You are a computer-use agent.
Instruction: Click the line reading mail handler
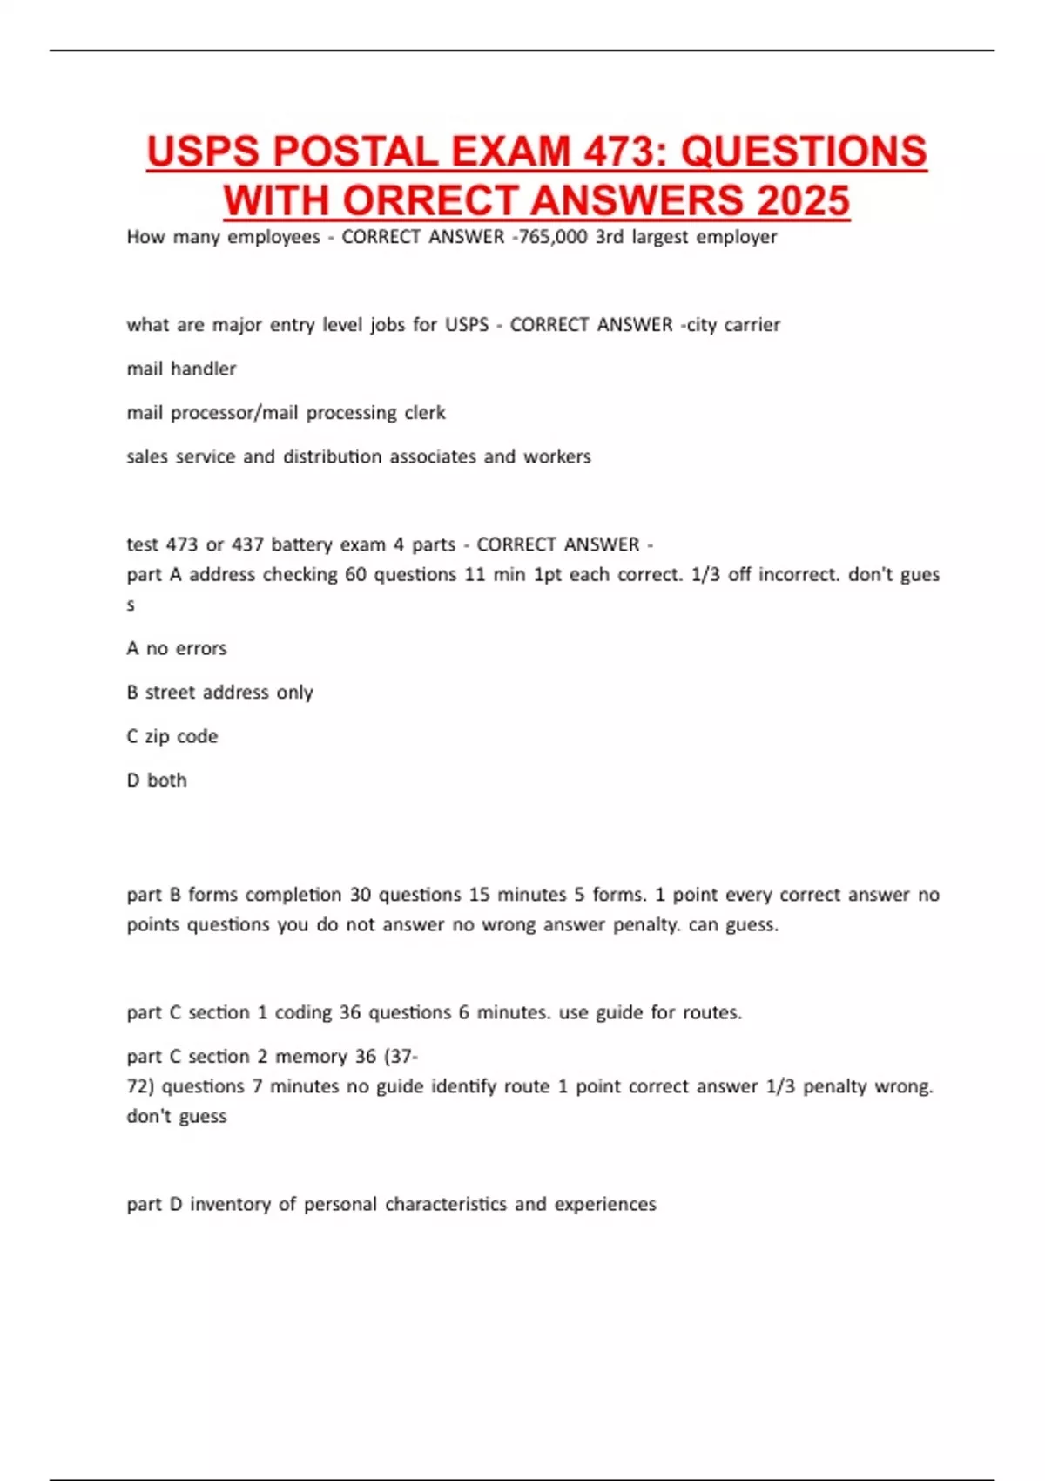click(181, 369)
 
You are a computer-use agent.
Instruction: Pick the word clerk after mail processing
click(424, 412)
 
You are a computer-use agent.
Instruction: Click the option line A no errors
click(177, 648)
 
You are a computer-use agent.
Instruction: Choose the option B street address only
click(219, 693)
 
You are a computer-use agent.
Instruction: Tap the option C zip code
click(172, 736)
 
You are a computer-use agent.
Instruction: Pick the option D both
click(157, 780)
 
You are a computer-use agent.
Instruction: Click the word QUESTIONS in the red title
click(803, 152)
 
